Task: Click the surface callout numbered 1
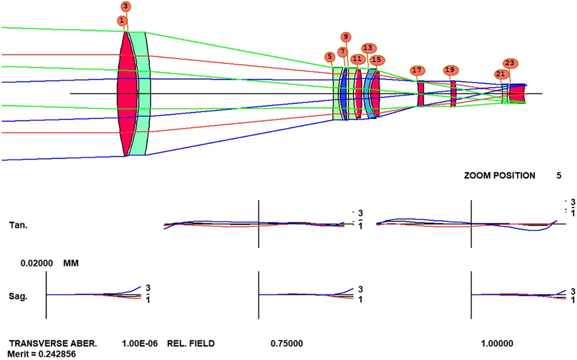click(x=122, y=20)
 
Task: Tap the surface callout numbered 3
click(x=125, y=7)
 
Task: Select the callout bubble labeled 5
click(x=330, y=57)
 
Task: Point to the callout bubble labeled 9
click(x=345, y=37)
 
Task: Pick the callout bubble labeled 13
click(x=368, y=48)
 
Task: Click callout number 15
click(x=376, y=60)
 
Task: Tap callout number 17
click(x=417, y=70)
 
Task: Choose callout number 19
click(x=450, y=70)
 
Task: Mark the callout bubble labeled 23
click(x=509, y=63)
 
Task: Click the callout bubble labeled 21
click(x=500, y=74)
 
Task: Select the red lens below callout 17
click(x=420, y=94)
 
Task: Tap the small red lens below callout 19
click(x=453, y=94)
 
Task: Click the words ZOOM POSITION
click(x=499, y=176)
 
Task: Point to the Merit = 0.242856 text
click(x=42, y=354)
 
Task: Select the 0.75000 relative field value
click(x=287, y=344)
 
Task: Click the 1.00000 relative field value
click(x=497, y=344)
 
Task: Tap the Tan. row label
click(x=18, y=225)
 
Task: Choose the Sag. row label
click(x=18, y=296)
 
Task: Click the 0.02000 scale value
click(x=37, y=263)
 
